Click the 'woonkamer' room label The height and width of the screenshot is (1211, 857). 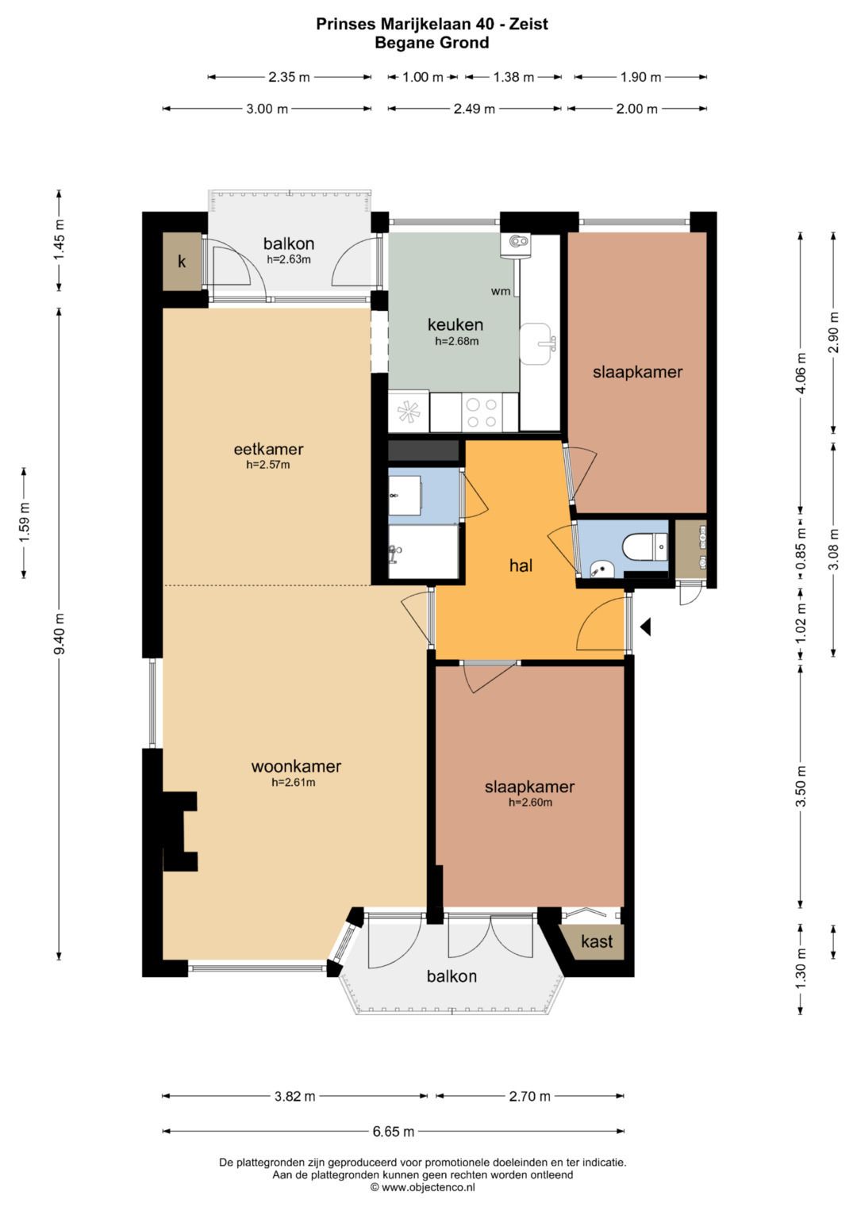pyautogui.click(x=296, y=766)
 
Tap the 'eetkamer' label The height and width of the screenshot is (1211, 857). pyautogui.click(x=268, y=449)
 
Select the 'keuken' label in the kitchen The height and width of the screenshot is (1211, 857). pyautogui.click(x=455, y=324)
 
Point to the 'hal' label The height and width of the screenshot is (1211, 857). pyautogui.click(x=521, y=565)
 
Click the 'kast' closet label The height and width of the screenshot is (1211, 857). pyautogui.click(x=597, y=941)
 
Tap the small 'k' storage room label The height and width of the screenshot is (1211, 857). pyautogui.click(x=182, y=262)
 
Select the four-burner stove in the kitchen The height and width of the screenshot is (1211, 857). pyautogui.click(x=482, y=412)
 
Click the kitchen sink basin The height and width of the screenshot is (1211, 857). pyautogui.click(x=536, y=344)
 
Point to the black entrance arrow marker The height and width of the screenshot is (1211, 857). pyautogui.click(x=645, y=627)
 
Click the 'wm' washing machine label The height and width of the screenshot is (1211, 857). pyautogui.click(x=501, y=292)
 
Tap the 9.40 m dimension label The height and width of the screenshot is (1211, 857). pyautogui.click(x=60, y=634)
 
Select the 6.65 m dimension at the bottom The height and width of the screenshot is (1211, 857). pyautogui.click(x=394, y=1131)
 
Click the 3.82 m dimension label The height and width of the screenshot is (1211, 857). pyautogui.click(x=294, y=1096)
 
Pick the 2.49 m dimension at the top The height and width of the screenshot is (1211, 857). pyautogui.click(x=474, y=109)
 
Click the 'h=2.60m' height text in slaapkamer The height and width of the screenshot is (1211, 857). pyautogui.click(x=530, y=803)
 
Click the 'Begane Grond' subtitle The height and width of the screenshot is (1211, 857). pyautogui.click(x=432, y=43)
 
